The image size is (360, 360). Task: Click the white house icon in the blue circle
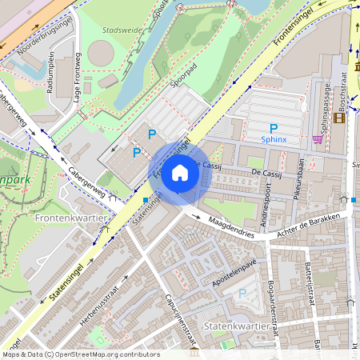click(180, 172)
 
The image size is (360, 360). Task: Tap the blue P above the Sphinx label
click(273, 128)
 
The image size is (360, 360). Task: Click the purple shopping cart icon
click(318, 138)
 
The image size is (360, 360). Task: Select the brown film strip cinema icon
click(339, 118)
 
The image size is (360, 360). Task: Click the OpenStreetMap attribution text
click(80, 354)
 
